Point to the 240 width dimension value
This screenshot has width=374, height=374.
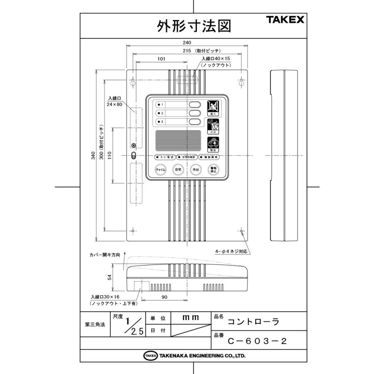tap(186, 43)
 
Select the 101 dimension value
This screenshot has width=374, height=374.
tap(161, 59)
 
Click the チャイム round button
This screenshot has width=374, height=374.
tap(160, 170)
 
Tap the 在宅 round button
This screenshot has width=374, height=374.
tap(178, 170)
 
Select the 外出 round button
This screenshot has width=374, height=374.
tap(195, 170)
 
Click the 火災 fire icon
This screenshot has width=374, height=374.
tap(212, 125)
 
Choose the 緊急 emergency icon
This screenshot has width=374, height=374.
tap(212, 144)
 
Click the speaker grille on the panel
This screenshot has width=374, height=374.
tap(178, 141)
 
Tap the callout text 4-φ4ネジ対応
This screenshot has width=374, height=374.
tap(231, 251)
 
